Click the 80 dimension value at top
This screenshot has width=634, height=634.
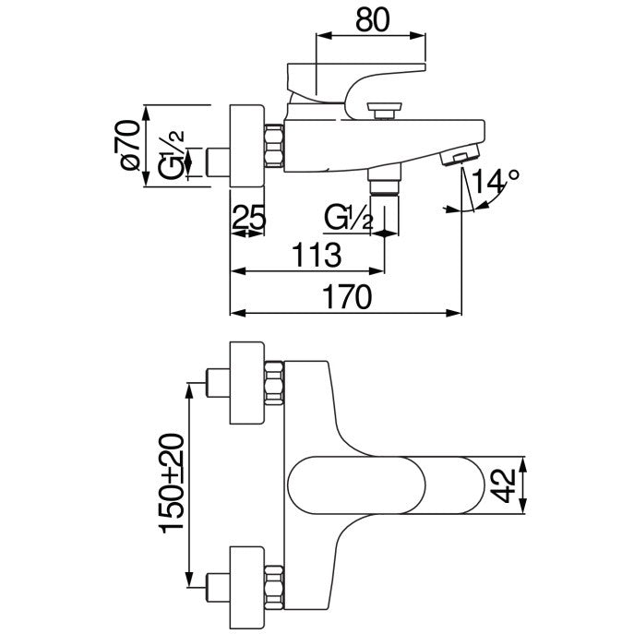click(x=373, y=20)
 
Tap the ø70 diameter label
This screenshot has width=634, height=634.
click(x=130, y=145)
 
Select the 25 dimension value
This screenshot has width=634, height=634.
click(x=248, y=217)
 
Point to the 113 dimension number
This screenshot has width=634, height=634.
click(x=317, y=255)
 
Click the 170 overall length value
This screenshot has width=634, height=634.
click(x=347, y=297)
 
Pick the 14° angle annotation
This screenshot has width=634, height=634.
click(x=496, y=181)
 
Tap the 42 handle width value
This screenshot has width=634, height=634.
click(x=506, y=485)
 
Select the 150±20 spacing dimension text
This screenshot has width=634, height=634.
click(x=172, y=484)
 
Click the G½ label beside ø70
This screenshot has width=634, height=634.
click(x=170, y=154)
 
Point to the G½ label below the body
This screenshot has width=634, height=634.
click(x=348, y=218)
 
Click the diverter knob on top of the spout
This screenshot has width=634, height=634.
click(x=384, y=111)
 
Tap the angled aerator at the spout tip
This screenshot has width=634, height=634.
click(x=461, y=154)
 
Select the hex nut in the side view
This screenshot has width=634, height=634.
click(x=274, y=146)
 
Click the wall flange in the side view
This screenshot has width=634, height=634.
click(x=246, y=147)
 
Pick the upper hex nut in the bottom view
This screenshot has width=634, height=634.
click(x=274, y=383)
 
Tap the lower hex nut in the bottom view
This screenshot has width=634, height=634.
click(x=274, y=587)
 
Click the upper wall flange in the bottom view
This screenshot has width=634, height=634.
click(x=246, y=383)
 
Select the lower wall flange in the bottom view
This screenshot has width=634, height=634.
click(x=246, y=587)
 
